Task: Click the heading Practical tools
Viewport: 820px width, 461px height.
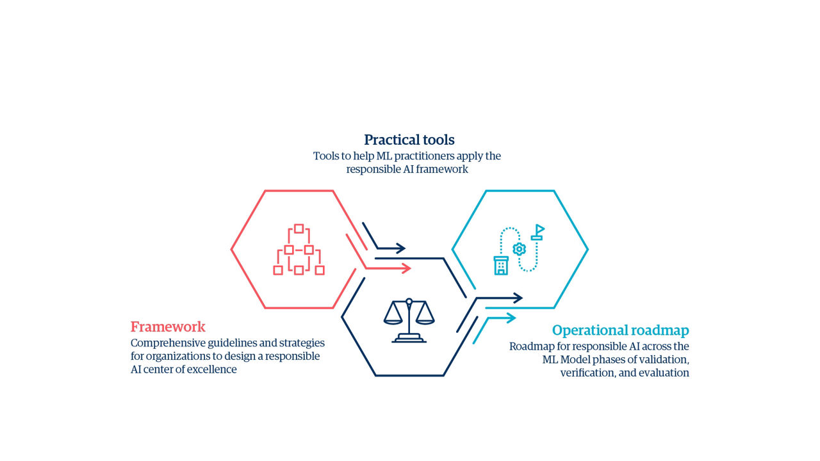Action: [x=409, y=140]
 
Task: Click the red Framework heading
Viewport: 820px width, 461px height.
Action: [x=168, y=327]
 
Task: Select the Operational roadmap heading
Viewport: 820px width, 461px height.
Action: [x=621, y=330]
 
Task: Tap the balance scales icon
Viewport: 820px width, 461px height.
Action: [x=409, y=321]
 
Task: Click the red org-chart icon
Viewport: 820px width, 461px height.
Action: [x=299, y=250]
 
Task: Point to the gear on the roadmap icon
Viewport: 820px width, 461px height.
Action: [x=519, y=249]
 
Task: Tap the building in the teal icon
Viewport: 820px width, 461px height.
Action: [x=501, y=266]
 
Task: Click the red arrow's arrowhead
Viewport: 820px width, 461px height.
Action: [x=406, y=268]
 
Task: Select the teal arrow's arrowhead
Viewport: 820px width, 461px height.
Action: [x=511, y=318]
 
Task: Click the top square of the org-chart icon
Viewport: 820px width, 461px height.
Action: [x=299, y=229]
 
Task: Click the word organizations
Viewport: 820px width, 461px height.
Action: [x=178, y=357]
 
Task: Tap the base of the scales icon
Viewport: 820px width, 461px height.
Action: [x=409, y=339]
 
